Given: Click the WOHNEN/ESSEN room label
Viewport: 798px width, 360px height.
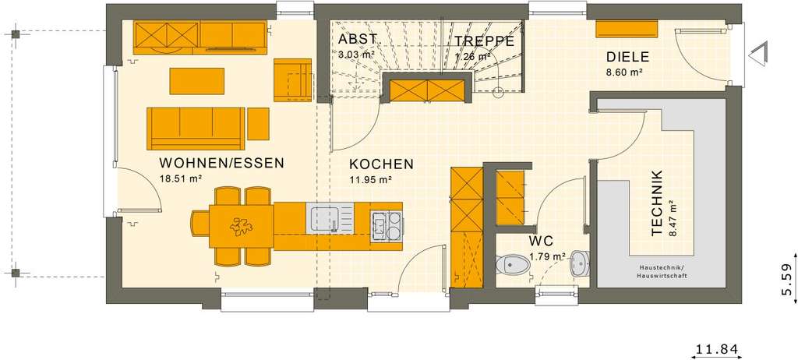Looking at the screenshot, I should tap(221, 164).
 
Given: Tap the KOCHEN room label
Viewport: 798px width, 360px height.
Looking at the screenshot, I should tap(381, 164).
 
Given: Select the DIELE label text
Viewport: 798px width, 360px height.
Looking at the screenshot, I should tap(627, 57).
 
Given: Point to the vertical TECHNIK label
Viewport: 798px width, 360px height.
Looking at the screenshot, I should tap(657, 203).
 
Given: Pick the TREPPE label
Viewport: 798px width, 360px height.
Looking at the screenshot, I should tap(484, 41).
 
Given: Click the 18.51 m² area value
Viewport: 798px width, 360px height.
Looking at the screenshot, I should tap(181, 178).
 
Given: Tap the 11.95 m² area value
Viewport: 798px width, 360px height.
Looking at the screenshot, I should tap(369, 179).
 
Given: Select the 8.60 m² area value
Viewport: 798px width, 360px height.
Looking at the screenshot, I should tap(623, 72).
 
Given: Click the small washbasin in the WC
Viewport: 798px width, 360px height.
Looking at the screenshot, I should tap(579, 263).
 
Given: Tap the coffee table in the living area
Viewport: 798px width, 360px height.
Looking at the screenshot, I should tap(197, 80).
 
